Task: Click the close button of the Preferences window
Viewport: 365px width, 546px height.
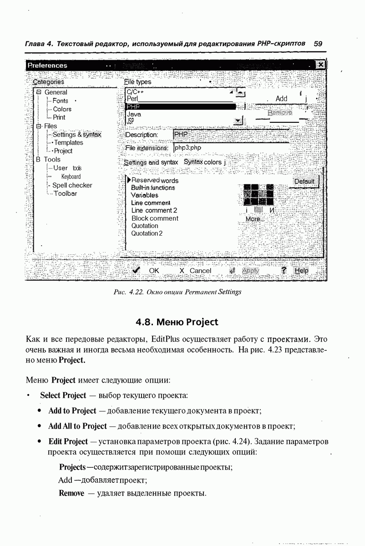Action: [320, 65]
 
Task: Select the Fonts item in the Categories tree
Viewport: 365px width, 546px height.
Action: [61, 101]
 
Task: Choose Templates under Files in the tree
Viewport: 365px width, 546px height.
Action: [69, 142]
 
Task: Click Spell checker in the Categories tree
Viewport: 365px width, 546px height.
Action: [72, 185]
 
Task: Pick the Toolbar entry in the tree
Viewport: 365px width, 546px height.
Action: [66, 193]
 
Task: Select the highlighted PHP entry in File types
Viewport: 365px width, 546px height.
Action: [180, 106]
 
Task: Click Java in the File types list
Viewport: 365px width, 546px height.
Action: [134, 114]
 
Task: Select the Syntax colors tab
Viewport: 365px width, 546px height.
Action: [203, 162]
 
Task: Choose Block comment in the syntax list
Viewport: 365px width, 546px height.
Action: [155, 218]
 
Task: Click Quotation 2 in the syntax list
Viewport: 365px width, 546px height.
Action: [147, 233]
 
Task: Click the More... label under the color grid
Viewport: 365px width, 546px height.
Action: [254, 219]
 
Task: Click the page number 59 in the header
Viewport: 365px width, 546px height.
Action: [318, 44]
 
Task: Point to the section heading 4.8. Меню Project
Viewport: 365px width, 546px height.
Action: [177, 322]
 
